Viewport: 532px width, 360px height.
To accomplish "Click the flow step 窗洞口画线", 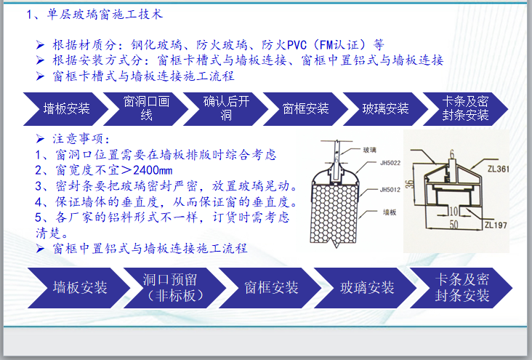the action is (146, 108).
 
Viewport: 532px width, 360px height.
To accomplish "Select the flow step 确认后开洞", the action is (226, 108).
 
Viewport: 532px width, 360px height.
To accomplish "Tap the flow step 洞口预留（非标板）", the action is (172, 287).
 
